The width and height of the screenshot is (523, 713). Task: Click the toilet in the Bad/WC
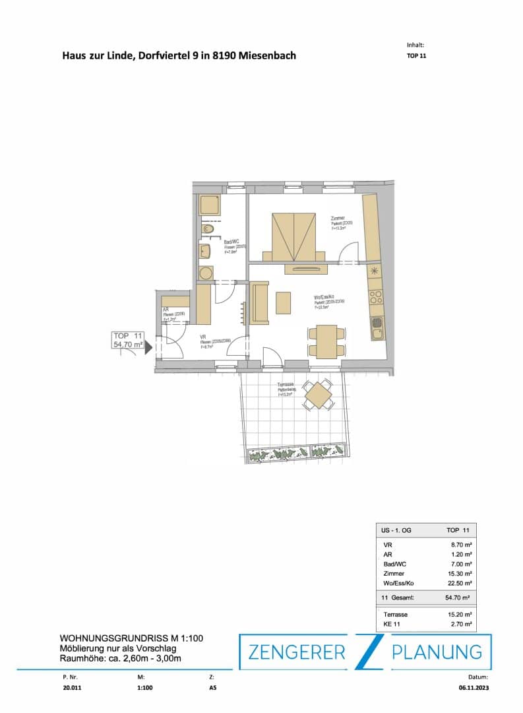pyautogui.click(x=209, y=229)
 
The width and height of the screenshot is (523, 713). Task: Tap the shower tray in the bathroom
pyautogui.click(x=210, y=205)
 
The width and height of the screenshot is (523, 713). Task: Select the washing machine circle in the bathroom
pyautogui.click(x=205, y=273)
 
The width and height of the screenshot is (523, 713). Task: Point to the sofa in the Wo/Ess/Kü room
pyautogui.click(x=259, y=302)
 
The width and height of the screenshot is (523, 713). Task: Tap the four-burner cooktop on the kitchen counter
pyautogui.click(x=375, y=297)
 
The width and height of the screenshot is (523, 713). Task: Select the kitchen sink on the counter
pyautogui.click(x=377, y=323)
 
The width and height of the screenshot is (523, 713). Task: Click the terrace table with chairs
pyautogui.click(x=319, y=395)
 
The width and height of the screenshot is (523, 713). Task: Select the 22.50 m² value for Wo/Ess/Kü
pyautogui.click(x=459, y=583)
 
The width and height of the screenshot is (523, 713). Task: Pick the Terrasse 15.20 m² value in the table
pyautogui.click(x=459, y=614)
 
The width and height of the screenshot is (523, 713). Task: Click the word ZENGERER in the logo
pyautogui.click(x=296, y=652)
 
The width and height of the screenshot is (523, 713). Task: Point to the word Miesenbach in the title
pyautogui.click(x=269, y=55)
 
